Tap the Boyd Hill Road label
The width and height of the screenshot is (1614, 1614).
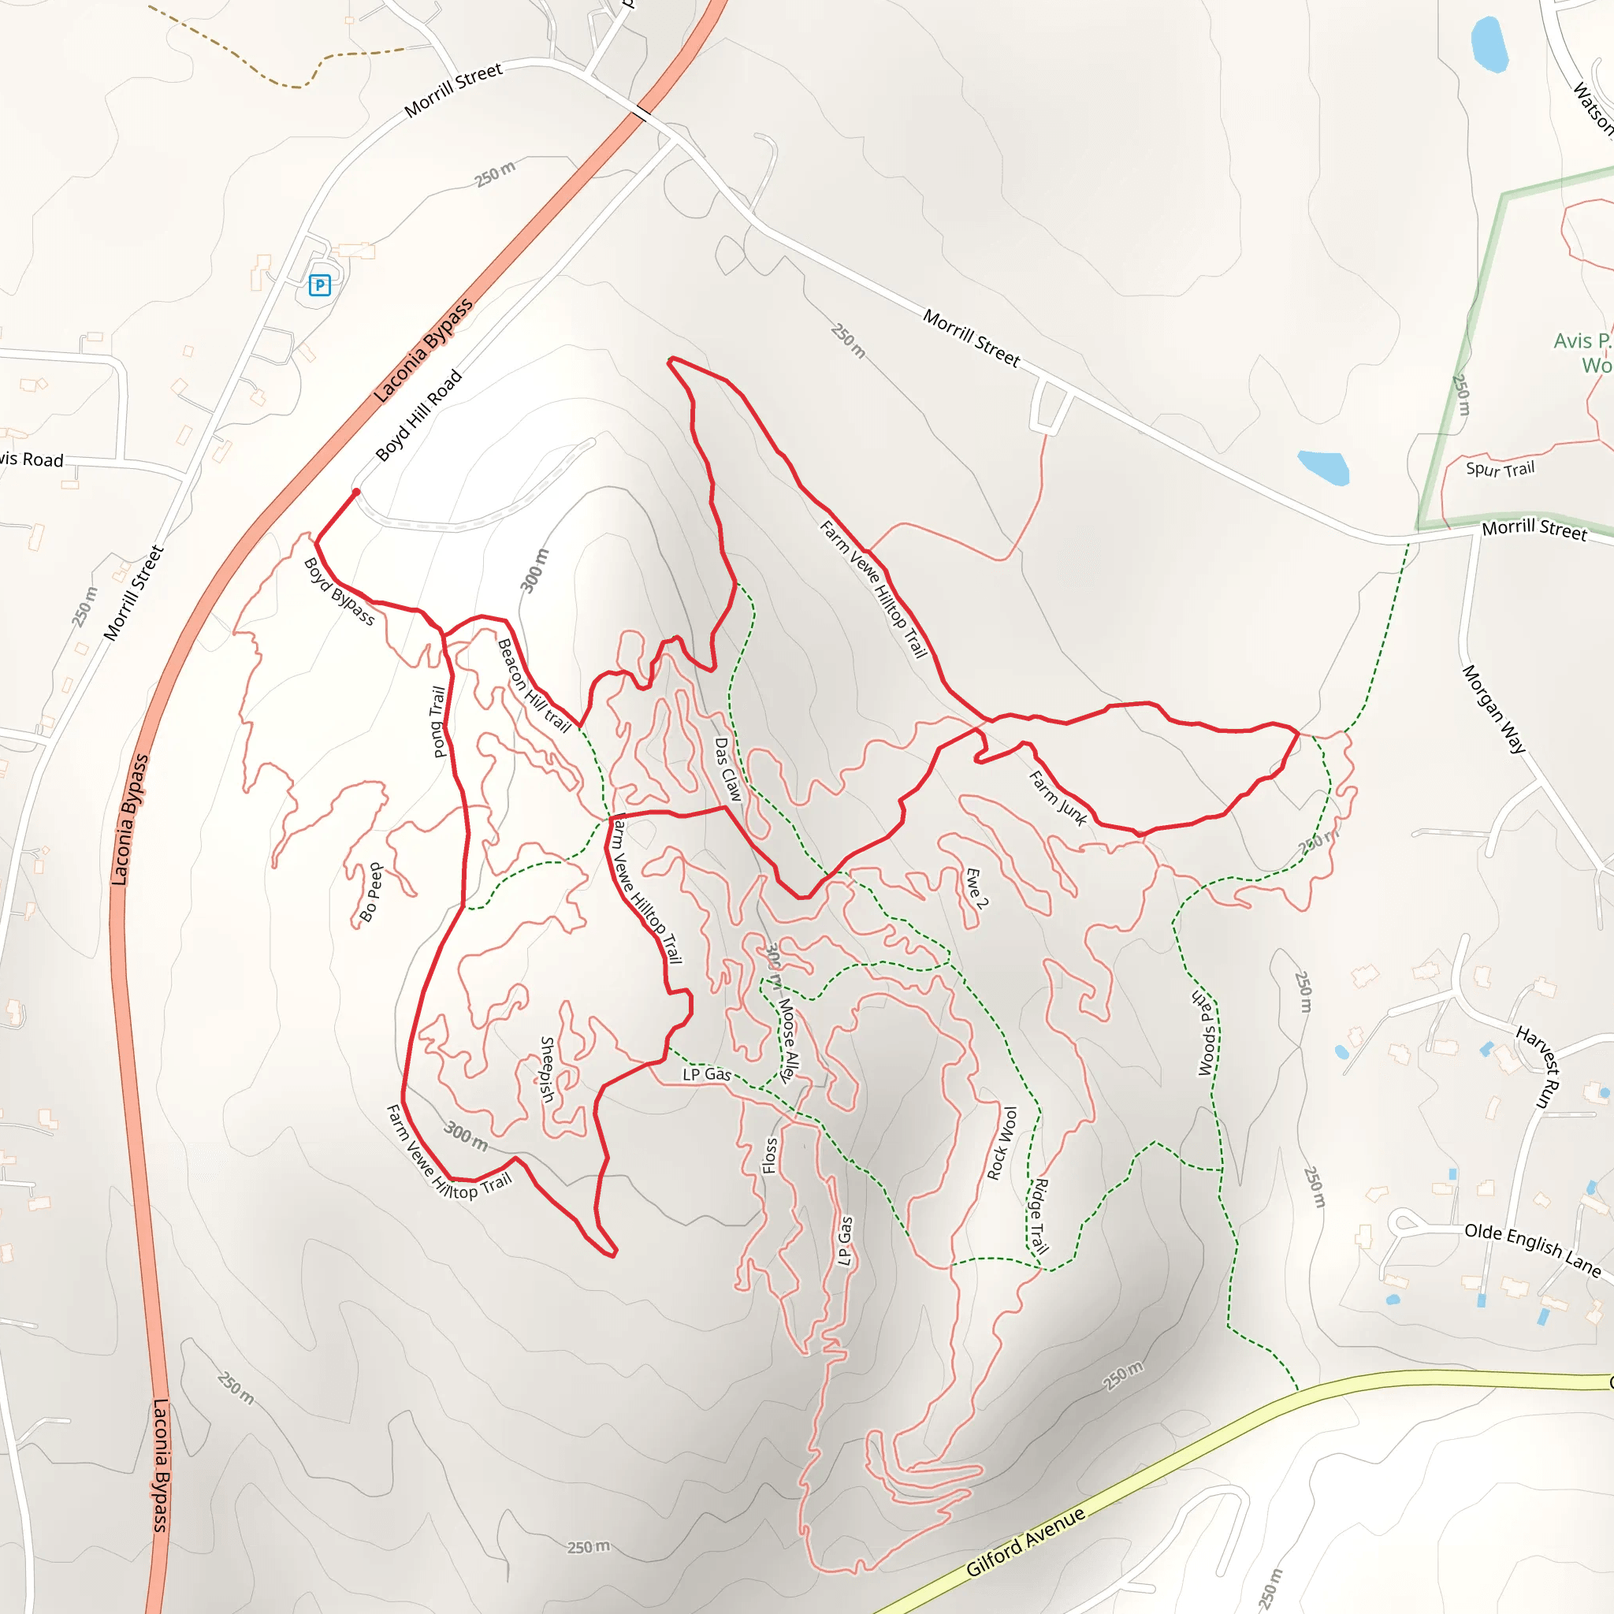coord(418,416)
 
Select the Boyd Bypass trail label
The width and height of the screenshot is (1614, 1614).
coord(339,592)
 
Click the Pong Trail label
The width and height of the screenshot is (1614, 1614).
coord(437,722)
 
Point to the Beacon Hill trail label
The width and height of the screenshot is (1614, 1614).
coord(533,686)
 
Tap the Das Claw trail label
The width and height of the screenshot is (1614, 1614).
coord(727,769)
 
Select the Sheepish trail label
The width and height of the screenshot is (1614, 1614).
coord(546,1069)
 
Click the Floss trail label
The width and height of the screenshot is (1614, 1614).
coord(770,1155)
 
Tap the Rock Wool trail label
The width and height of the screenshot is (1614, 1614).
coord(1002,1144)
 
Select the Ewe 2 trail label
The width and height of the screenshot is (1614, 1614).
coord(976,887)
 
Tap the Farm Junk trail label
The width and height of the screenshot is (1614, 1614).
coord(1058,798)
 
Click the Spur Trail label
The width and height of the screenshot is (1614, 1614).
coord(1501,469)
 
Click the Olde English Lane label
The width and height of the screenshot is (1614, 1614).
coord(1532,1250)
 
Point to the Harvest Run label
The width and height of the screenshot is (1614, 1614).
coord(1538,1067)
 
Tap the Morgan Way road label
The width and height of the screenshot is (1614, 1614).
coord(1493,709)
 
